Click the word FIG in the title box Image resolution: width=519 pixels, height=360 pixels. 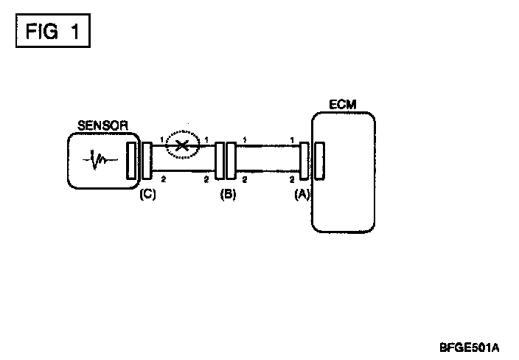click(38, 33)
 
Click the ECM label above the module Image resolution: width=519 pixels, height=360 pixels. click(344, 105)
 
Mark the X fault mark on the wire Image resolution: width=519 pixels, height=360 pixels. click(182, 145)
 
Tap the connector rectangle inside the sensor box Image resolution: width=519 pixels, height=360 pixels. click(132, 161)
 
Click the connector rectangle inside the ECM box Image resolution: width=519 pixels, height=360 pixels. click(319, 161)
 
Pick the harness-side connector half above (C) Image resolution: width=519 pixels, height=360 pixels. click(146, 161)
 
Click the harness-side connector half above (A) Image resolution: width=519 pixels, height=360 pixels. click(304, 161)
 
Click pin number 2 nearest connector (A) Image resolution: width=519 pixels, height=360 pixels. click(293, 179)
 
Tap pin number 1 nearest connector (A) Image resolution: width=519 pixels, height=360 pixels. click(293, 139)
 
